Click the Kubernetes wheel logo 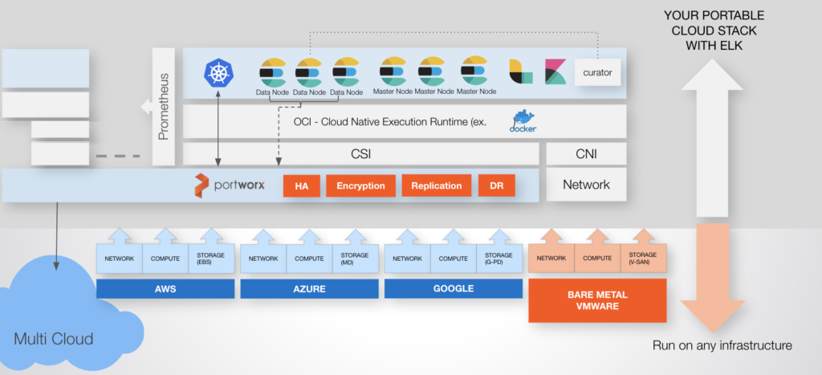(218, 73)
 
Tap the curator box (597, 72)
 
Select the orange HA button (301, 185)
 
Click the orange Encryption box (360, 185)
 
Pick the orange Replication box (436, 185)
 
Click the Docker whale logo (523, 121)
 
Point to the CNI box (586, 153)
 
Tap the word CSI (361, 153)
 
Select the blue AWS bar (165, 288)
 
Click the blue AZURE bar (309, 288)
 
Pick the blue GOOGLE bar (453, 288)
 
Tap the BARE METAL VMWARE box (597, 300)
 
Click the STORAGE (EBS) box (211, 259)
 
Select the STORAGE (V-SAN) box (644, 259)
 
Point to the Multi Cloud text (53, 339)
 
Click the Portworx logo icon (201, 185)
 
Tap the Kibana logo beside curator (555, 71)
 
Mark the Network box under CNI (586, 185)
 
